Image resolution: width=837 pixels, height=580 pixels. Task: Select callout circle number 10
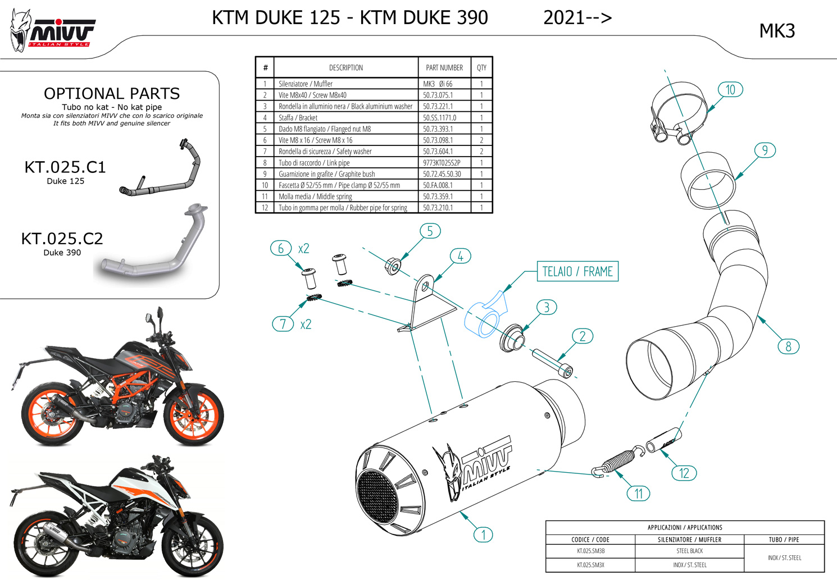(730, 90)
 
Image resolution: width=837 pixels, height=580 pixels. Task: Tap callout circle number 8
(788, 346)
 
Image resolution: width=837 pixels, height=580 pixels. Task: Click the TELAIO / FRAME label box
(577, 272)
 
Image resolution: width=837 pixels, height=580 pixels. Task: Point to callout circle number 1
(483, 535)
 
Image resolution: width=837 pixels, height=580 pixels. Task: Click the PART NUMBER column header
(444, 67)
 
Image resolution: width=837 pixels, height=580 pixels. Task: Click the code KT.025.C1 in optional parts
(65, 167)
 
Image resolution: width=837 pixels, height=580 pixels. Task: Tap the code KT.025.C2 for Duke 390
(62, 239)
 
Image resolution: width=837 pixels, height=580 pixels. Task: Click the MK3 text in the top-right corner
(777, 31)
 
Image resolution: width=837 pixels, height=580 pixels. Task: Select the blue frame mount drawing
(484, 317)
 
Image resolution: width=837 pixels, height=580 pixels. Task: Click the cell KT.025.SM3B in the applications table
(590, 551)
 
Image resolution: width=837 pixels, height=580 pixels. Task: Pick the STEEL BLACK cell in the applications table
(689, 551)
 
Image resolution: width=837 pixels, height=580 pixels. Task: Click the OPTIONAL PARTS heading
(112, 93)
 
